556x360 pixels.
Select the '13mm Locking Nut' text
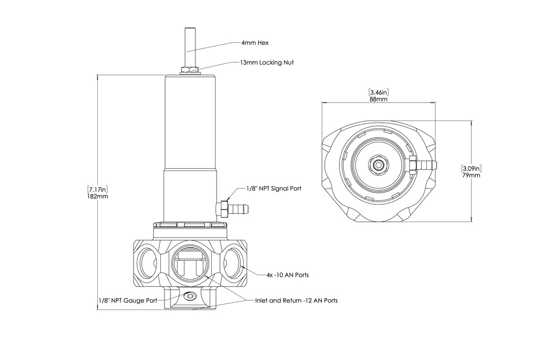[267, 63]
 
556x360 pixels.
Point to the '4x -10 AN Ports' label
[288, 275]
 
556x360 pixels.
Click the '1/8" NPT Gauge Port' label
[128, 300]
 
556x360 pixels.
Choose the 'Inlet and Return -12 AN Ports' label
[296, 300]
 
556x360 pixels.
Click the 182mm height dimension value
[98, 197]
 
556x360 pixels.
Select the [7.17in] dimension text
[98, 190]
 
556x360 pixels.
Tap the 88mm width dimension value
[378, 99]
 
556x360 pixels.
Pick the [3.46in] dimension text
[378, 92]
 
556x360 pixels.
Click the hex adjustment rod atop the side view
[190, 46]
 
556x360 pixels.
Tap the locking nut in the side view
[190, 70]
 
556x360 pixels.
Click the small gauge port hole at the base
[190, 296]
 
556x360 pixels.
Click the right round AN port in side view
[231, 263]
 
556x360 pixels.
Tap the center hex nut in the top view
[378, 163]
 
